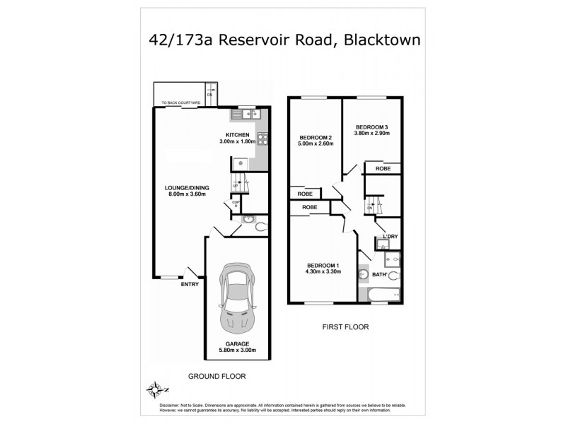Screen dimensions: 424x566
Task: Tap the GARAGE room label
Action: pos(237,344)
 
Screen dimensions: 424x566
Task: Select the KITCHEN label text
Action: pos(237,135)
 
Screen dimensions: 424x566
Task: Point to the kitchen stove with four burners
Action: pos(261,139)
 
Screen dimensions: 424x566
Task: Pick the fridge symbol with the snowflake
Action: pos(239,163)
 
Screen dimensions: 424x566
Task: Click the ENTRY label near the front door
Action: pos(190,284)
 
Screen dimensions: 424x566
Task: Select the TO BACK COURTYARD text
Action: pos(181,103)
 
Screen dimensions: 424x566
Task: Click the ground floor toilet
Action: pos(260,226)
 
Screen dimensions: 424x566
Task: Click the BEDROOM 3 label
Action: pos(371,127)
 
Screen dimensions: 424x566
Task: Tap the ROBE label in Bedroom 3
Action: pos(382,169)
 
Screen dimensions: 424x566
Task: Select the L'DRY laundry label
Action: pos(390,236)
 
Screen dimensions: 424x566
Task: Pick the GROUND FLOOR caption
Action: pos(216,376)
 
